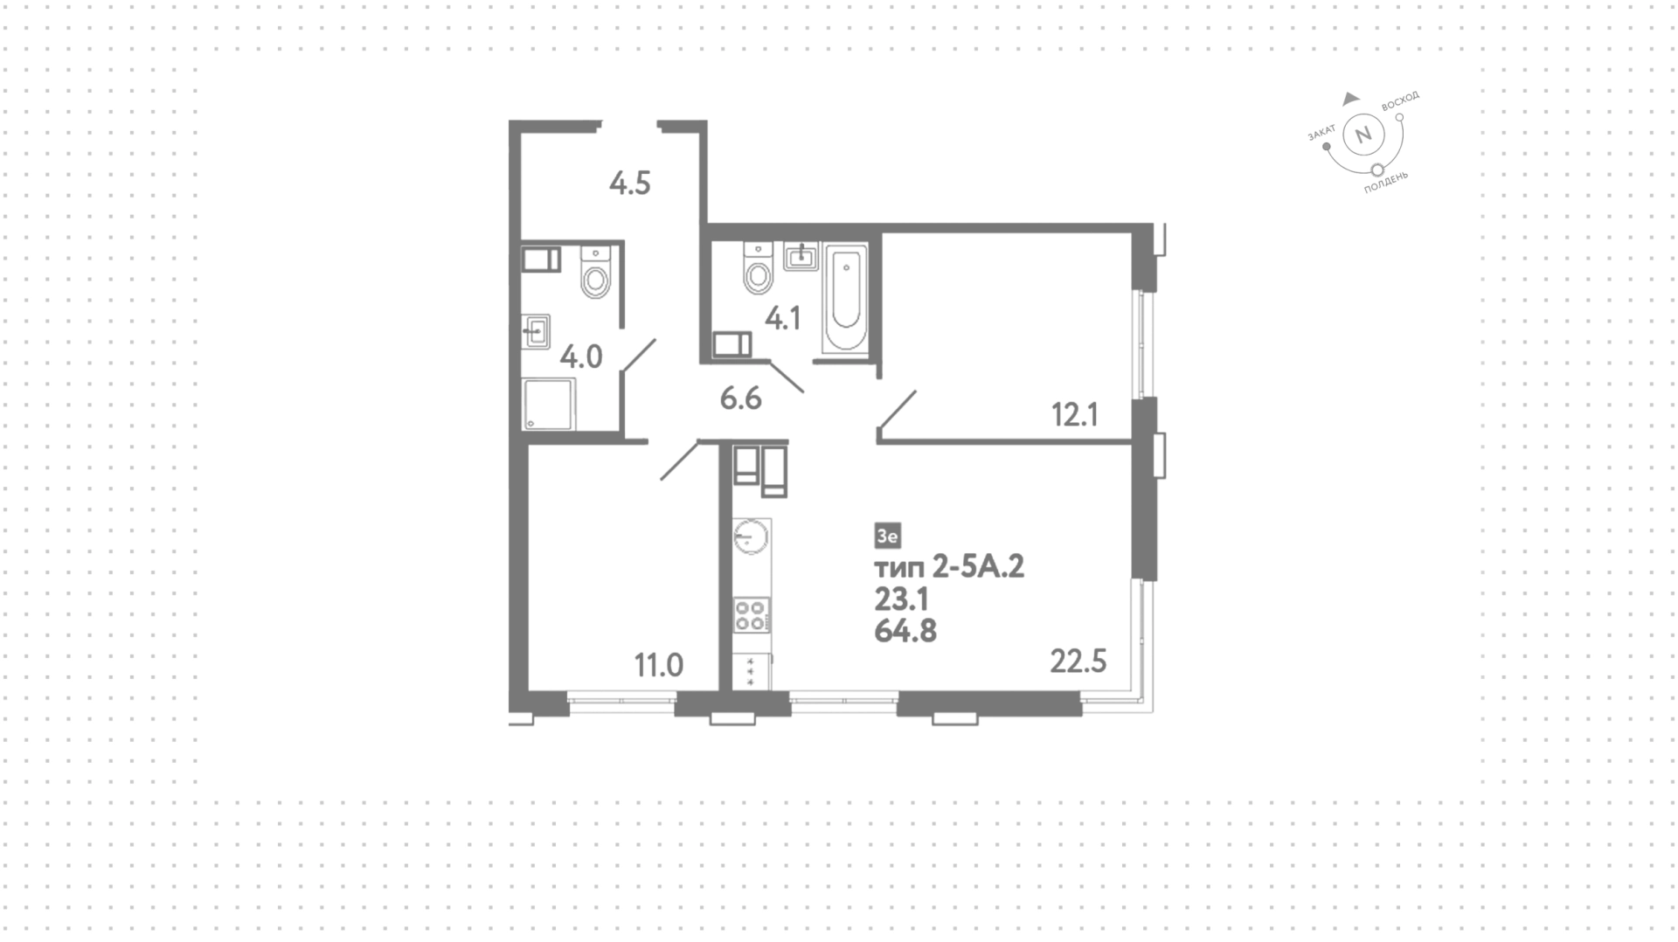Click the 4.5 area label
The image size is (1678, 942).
[x=630, y=184]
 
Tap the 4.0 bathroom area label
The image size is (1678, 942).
[x=581, y=357]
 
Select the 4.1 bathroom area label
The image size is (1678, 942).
[x=783, y=319]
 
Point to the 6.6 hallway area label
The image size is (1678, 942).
[x=741, y=398]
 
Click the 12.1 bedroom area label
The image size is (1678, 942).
[x=1075, y=414]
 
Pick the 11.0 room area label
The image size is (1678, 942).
[x=659, y=666]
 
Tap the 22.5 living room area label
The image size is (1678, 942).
[x=1078, y=661]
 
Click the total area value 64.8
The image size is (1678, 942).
[x=905, y=630]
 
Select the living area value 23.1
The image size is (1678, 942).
[x=901, y=599]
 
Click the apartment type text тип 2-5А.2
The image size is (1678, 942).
[x=949, y=567]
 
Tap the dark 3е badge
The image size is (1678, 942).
[x=887, y=535]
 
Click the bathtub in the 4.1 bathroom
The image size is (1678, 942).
[x=846, y=299]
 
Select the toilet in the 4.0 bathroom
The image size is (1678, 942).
[x=597, y=273]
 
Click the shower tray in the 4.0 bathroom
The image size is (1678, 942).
[x=549, y=404]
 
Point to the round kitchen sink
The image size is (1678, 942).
[x=751, y=536]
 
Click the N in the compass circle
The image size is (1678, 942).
[x=1362, y=135]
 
